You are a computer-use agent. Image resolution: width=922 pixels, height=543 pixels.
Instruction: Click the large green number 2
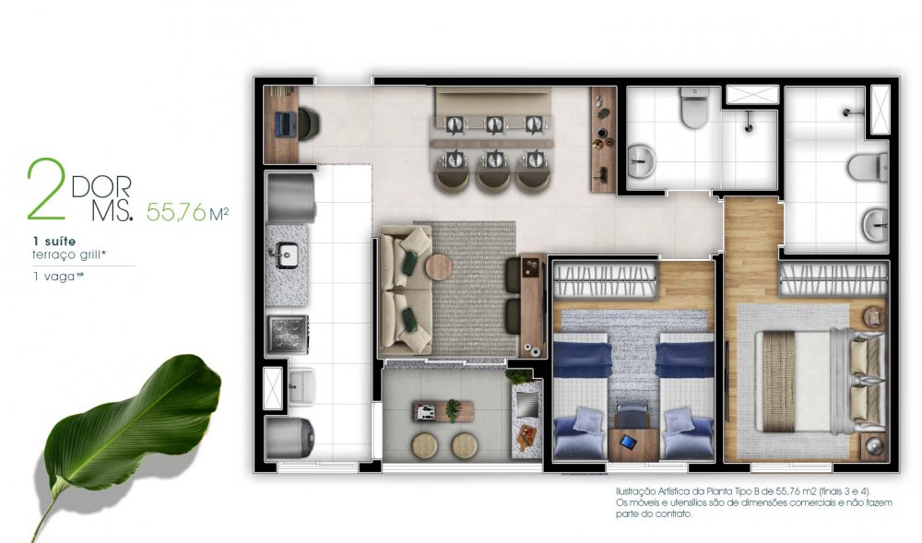45,189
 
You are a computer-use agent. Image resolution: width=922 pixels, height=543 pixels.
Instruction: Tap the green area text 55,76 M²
187,212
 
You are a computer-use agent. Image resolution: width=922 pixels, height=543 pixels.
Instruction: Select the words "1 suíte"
54,241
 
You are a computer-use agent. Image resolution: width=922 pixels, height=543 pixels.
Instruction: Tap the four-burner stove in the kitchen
288,335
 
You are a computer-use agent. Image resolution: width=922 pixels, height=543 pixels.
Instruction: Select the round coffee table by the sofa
439,267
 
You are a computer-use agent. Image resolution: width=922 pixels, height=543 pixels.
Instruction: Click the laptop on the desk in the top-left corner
283,124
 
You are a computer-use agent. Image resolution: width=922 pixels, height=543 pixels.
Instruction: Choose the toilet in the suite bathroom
868,167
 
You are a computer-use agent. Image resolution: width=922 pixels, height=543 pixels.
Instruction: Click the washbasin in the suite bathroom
876,225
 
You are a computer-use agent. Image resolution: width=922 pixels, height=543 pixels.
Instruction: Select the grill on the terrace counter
526,405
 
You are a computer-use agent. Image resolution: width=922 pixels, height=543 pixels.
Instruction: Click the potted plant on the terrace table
453,409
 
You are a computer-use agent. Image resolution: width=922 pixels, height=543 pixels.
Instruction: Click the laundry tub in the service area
301,385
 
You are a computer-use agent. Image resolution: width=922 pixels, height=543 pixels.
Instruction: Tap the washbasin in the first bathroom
642,161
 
